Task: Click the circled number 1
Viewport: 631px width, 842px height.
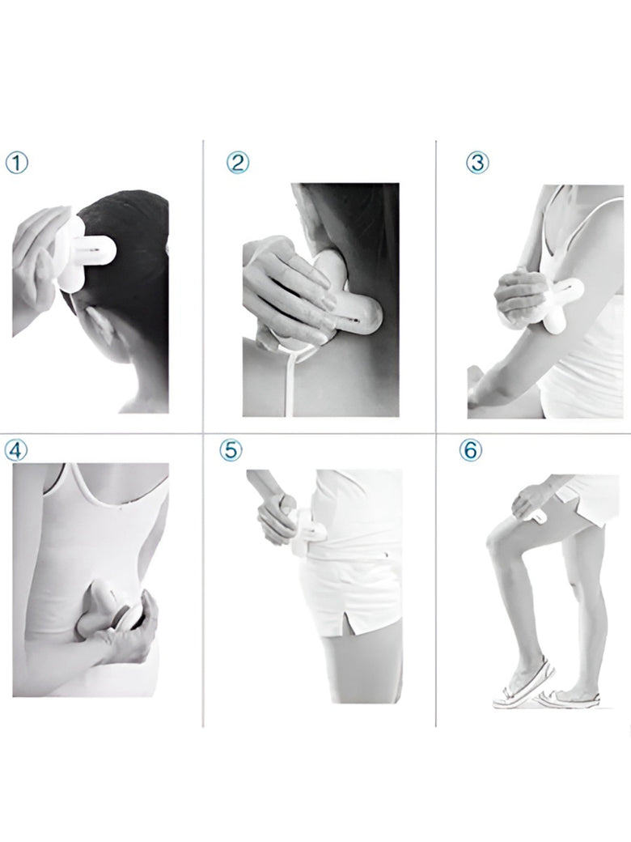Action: click(17, 164)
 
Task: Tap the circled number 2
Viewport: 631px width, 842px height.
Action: click(238, 162)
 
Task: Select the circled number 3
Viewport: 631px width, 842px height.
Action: click(477, 163)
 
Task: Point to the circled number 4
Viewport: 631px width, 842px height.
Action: click(15, 450)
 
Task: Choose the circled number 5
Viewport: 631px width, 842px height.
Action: click(231, 449)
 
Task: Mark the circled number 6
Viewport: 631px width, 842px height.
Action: click(470, 450)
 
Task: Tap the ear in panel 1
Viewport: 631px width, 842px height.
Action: click(101, 327)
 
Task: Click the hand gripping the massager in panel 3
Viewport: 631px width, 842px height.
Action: click(518, 296)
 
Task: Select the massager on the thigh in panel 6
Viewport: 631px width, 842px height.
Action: click(537, 516)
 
